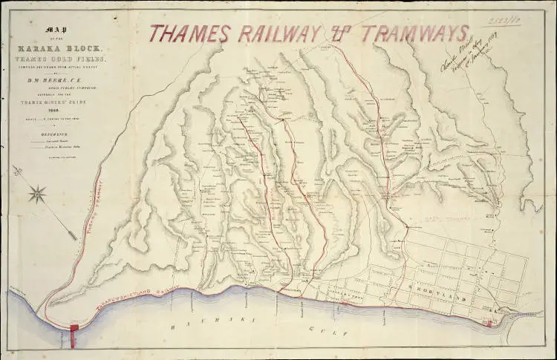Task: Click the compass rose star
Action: pyautogui.click(x=37, y=194)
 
